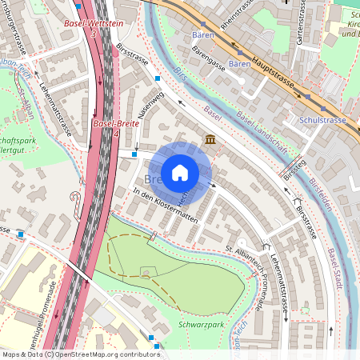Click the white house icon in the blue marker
tap(180, 173)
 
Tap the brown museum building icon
tap(210, 140)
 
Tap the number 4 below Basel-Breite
tap(117, 133)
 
